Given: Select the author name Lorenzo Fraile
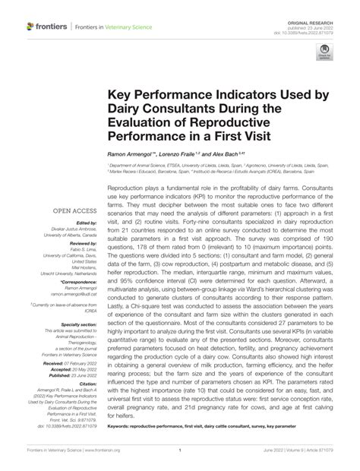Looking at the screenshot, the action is tap(190, 153).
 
